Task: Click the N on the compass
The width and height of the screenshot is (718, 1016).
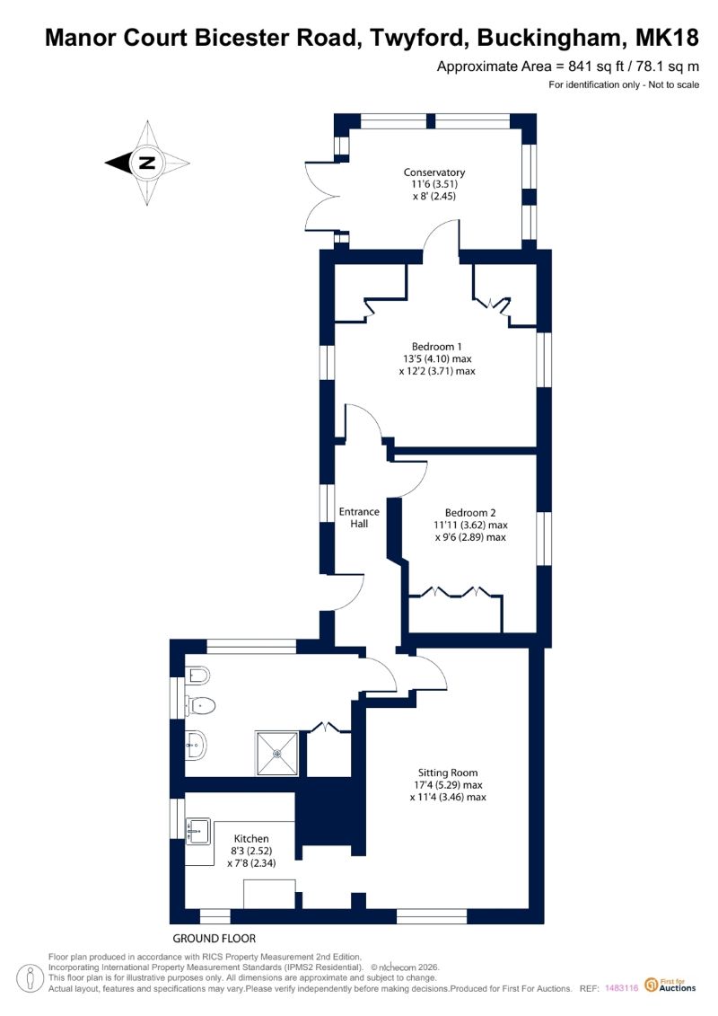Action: [x=147, y=163]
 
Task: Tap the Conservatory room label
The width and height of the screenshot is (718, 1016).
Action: [x=434, y=172]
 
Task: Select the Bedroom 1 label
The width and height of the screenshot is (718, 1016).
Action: [x=437, y=347]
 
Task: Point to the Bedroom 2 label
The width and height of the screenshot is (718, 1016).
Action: [x=470, y=513]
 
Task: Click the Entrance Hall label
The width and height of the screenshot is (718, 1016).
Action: [x=359, y=517]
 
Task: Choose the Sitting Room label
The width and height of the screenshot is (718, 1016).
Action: [x=448, y=773]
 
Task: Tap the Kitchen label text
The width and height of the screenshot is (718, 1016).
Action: [x=251, y=838]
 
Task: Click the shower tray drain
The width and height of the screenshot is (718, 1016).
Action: [x=277, y=754]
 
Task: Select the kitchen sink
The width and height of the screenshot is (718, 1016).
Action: [x=198, y=831]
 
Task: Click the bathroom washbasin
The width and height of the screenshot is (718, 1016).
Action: [x=197, y=745]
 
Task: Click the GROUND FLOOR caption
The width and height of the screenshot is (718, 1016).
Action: [x=215, y=938]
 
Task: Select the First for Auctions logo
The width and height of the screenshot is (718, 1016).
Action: [x=670, y=985]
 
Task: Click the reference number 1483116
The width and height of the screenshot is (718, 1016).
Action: [x=622, y=988]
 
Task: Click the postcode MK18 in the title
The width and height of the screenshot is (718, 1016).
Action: [x=667, y=39]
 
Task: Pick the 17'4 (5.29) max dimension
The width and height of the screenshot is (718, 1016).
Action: [x=448, y=784]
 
